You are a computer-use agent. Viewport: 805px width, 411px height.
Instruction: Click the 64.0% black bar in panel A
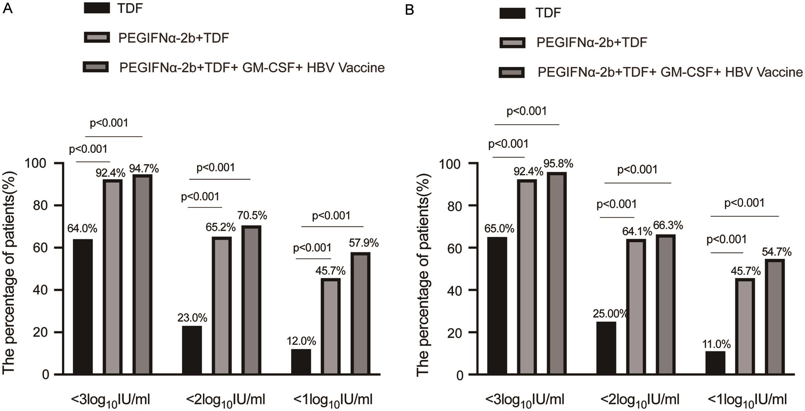point(83,307)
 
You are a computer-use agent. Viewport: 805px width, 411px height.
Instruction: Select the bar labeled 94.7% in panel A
point(142,274)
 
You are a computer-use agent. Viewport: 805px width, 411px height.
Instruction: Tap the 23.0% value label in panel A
point(192,318)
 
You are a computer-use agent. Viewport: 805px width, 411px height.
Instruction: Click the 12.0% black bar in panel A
point(301,361)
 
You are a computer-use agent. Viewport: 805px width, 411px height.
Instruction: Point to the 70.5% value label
point(252,216)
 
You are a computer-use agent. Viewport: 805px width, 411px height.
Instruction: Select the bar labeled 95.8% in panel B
point(557,274)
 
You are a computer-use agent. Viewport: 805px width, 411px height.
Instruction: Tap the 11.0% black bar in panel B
point(715,363)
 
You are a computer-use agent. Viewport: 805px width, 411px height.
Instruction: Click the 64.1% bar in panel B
point(636,307)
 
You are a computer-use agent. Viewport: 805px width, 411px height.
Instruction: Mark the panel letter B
point(409,10)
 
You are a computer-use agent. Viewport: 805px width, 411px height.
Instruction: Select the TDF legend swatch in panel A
point(97,8)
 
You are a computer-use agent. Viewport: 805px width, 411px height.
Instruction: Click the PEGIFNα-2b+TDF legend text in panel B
point(592,43)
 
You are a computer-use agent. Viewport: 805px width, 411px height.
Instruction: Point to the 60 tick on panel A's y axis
point(40,248)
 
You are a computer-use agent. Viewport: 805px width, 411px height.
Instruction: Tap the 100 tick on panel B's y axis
point(451,164)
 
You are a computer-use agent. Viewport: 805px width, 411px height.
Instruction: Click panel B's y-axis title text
point(423,275)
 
